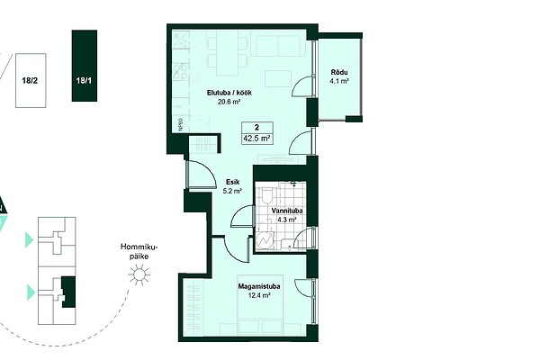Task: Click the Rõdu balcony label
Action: (339, 72)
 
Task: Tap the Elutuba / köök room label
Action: (229, 93)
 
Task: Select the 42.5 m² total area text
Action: (257, 139)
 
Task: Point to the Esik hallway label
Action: (232, 182)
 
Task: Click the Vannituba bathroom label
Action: (287, 211)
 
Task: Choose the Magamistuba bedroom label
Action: (259, 286)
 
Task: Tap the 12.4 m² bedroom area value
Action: (259, 295)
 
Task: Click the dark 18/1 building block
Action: (85, 66)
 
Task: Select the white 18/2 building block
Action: (31, 81)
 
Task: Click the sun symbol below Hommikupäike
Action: (139, 274)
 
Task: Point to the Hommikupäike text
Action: (139, 252)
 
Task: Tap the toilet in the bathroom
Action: (267, 195)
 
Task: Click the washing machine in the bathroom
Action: (265, 239)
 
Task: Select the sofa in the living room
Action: (278, 46)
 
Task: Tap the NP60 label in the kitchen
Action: (181, 124)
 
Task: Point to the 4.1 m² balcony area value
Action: (339, 81)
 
